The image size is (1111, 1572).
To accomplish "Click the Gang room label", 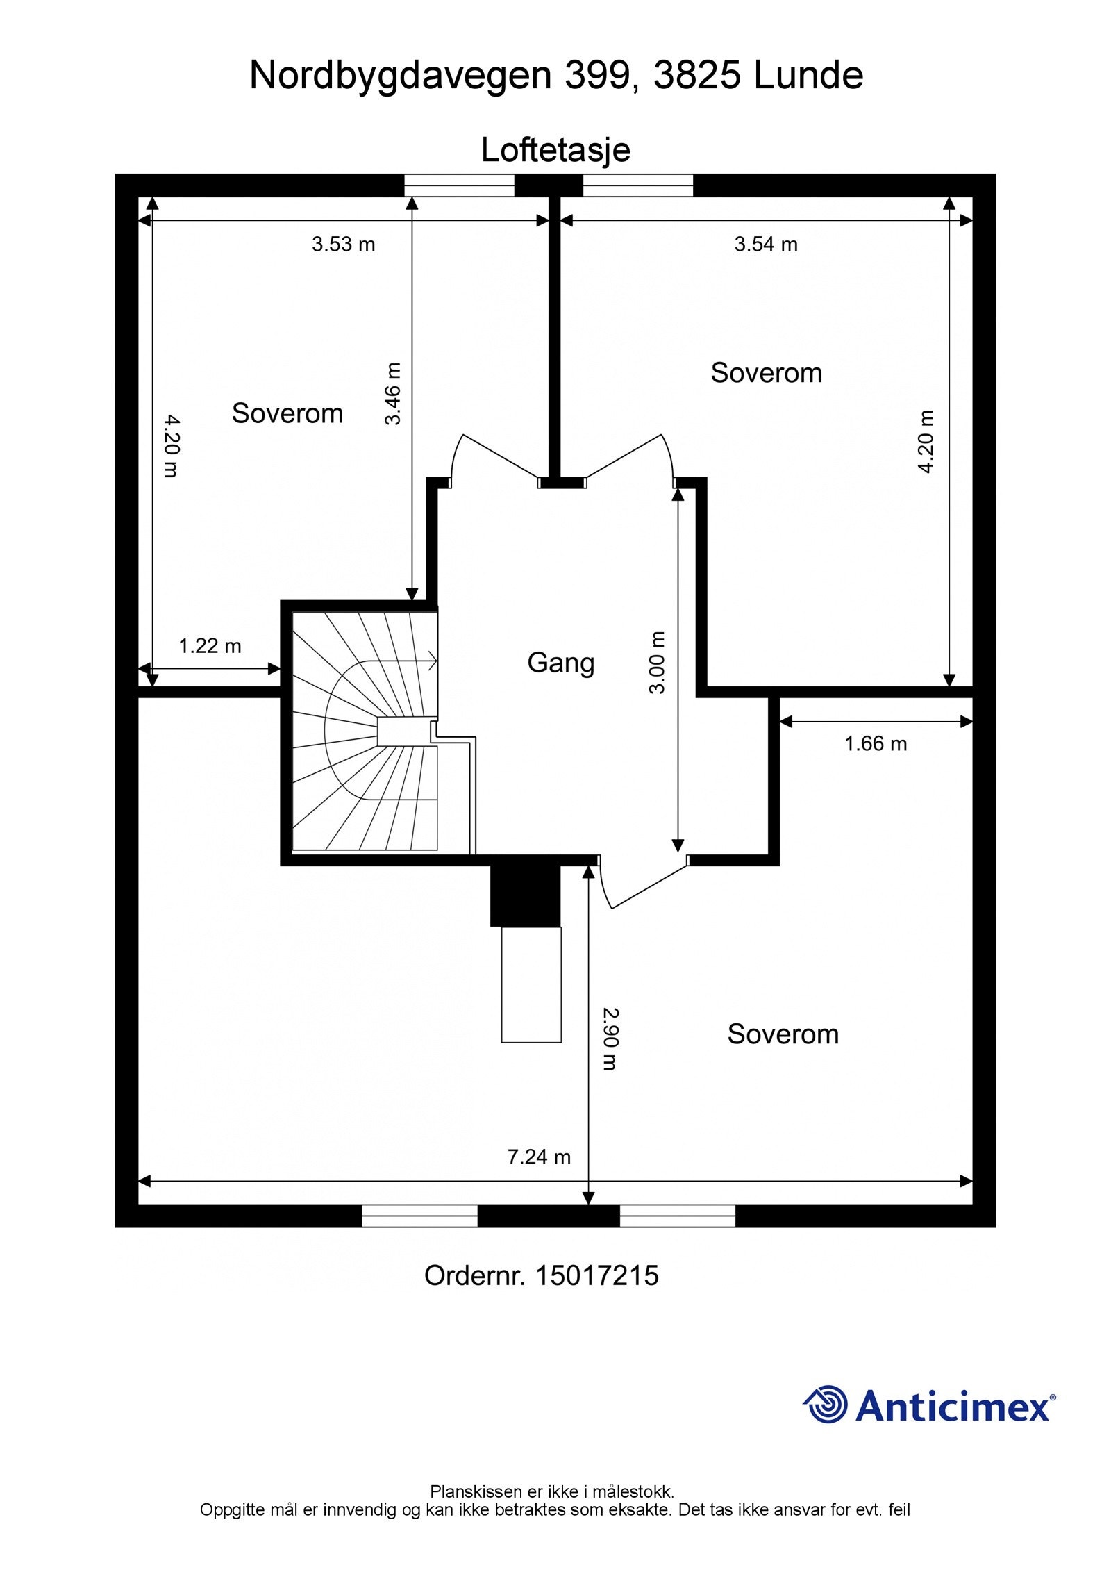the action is [560, 663].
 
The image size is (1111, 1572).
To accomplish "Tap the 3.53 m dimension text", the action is [343, 245].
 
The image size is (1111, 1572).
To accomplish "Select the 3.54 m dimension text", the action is [766, 245].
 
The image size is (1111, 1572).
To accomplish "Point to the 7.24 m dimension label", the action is [539, 1157].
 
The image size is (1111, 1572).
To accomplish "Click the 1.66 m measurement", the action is [876, 744].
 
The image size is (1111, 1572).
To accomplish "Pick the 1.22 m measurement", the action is [210, 646].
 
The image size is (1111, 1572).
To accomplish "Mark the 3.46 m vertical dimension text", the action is [393, 393].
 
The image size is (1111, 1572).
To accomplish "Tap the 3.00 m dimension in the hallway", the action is [657, 663].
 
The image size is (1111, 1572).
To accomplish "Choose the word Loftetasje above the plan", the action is [555, 150].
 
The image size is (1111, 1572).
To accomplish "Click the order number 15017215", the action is [596, 1275].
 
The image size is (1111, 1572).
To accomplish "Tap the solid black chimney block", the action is [525, 895].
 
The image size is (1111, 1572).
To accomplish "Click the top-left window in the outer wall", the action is [460, 185].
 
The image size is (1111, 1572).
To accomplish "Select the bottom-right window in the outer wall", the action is [678, 1216].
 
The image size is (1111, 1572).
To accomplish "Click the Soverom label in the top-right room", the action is [767, 373].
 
